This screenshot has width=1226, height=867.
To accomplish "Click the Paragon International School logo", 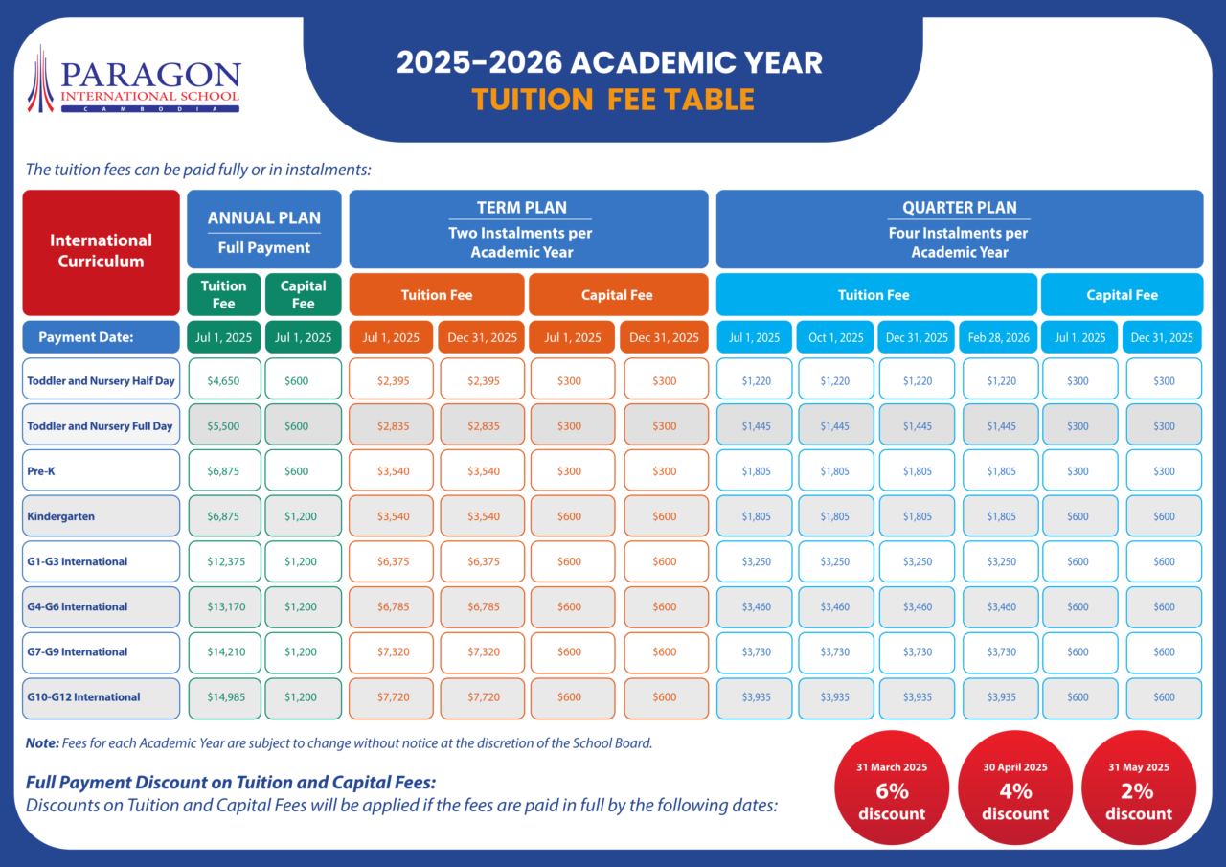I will pos(135,80).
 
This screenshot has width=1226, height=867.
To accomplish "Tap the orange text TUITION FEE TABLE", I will pos(613,100).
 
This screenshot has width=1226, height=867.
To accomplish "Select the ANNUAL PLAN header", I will pos(264,229).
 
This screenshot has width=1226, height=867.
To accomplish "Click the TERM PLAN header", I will pos(521,229).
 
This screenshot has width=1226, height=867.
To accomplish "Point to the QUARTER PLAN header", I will pos(959,229).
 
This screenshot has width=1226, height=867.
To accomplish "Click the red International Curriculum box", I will pos(101,251).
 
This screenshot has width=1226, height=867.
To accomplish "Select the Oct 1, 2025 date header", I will pos(835,337).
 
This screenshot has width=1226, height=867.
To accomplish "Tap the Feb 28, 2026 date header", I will pos(1000,337).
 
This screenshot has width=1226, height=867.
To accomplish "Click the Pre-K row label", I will pos(101,471).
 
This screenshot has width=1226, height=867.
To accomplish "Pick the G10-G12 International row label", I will pos(101,697).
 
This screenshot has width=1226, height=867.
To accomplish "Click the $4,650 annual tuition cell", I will pos(223,380).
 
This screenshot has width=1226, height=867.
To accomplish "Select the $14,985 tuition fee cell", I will pos(223,697).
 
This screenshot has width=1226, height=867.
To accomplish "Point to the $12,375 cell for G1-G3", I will pos(223,561).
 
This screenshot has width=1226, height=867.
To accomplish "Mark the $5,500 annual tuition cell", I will pos(223,425).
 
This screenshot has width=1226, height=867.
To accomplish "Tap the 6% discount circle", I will pos(892,791).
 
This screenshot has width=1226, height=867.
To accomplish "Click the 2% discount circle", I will pos(1138,791).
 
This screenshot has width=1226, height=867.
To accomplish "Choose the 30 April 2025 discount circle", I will pos(1015,791).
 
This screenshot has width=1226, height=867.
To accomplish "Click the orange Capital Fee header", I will pos(616,295).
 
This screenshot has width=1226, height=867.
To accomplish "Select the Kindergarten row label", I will pos(101,516).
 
